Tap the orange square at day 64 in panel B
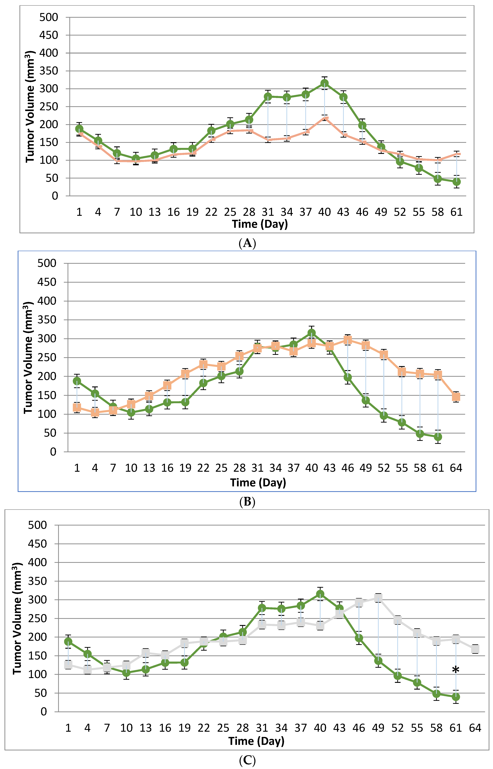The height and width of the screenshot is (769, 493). tap(456, 397)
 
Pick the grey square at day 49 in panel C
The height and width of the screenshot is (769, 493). tap(378, 598)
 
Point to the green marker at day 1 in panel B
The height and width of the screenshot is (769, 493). tap(77, 381)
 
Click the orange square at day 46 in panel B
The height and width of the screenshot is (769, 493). tap(348, 340)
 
